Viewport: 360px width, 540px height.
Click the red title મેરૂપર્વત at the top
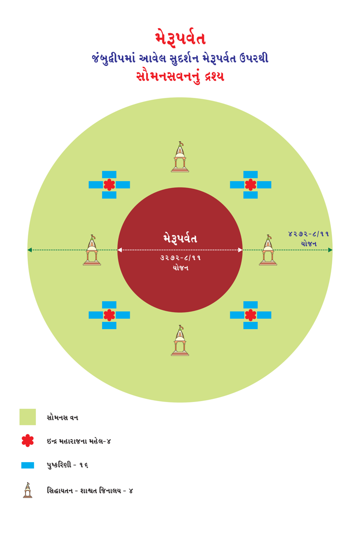(180, 37)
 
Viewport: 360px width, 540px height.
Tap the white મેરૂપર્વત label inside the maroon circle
(180, 238)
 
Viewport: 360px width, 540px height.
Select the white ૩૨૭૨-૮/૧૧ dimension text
(180, 258)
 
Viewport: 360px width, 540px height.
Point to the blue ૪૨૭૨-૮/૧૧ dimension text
(309, 234)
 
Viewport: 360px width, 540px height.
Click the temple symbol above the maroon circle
(180, 157)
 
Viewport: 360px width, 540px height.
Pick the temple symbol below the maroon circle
(180, 341)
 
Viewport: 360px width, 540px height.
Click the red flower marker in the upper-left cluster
(109, 185)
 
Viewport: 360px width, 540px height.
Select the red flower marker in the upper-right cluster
(250, 185)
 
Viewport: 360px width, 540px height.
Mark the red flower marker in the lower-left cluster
(109, 315)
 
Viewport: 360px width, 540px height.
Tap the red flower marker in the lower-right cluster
(250, 315)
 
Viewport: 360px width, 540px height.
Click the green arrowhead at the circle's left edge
(30, 250)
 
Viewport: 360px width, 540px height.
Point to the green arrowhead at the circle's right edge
(330, 250)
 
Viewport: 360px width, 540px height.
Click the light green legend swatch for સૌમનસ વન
(27, 417)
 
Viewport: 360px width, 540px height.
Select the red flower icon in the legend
(27, 441)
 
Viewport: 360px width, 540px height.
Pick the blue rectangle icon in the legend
(27, 465)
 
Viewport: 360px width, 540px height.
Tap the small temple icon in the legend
(27, 490)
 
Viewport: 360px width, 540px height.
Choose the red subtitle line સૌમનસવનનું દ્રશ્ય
(180, 76)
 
